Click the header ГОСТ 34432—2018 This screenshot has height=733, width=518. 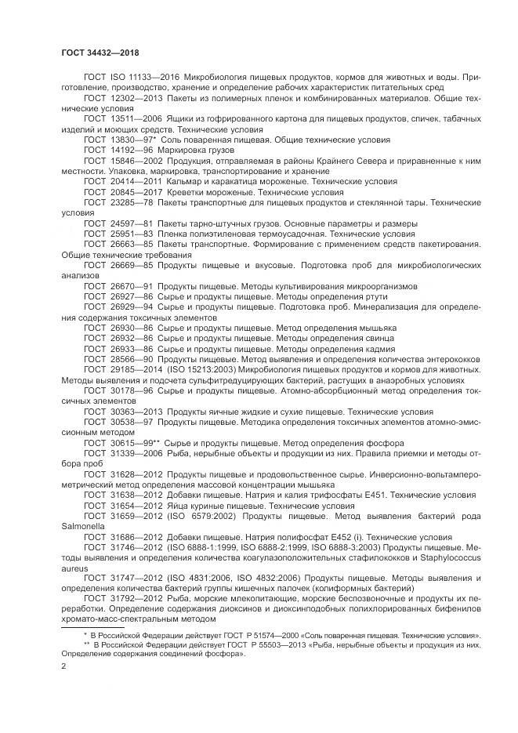(x=100, y=53)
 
